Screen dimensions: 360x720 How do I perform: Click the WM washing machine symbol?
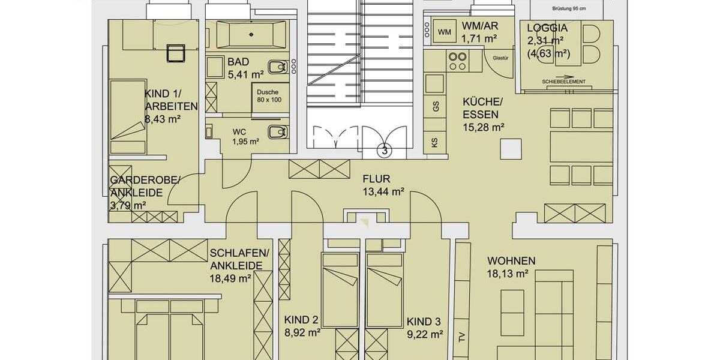point(444,32)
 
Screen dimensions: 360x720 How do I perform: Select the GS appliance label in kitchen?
point(436,106)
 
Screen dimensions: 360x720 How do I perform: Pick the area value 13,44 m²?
point(383,192)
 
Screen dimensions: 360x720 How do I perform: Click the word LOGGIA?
point(547,28)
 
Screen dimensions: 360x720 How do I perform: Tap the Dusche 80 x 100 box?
point(269,96)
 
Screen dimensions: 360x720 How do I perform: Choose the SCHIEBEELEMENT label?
point(563,82)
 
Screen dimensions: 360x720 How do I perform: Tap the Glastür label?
point(500,58)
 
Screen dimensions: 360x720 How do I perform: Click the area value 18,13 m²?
point(507,274)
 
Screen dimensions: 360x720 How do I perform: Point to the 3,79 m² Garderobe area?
point(128,206)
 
